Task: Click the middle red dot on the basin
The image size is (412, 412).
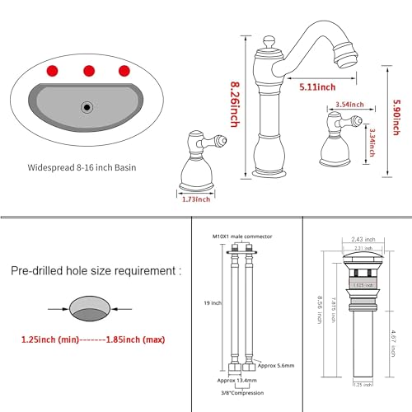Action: (89, 68)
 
